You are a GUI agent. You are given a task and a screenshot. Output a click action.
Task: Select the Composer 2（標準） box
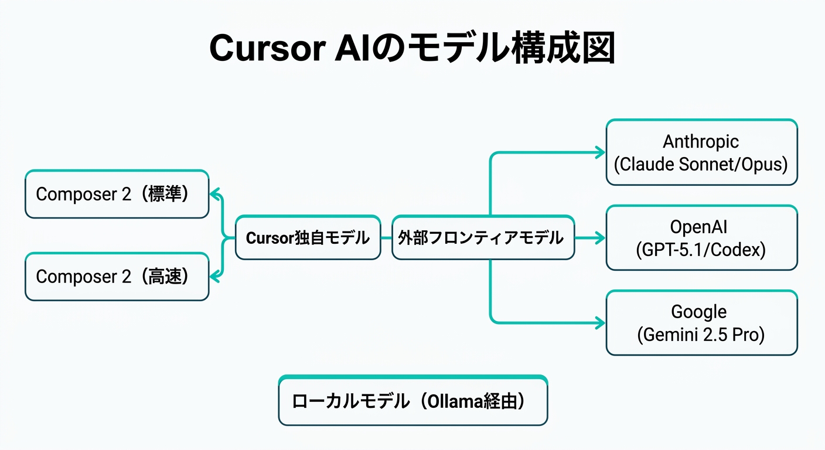point(117,194)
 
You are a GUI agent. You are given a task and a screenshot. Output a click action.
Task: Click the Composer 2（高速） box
point(117,277)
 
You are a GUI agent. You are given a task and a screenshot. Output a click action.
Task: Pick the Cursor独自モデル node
point(308,237)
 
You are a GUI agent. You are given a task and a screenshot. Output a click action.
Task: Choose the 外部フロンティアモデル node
point(483,237)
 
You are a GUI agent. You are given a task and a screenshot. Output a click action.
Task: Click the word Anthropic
point(701,141)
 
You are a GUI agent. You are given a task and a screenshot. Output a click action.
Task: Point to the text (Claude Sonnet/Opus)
point(701,165)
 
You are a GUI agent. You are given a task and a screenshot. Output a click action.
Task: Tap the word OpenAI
point(701,227)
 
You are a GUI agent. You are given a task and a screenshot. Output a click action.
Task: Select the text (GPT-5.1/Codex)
point(701,250)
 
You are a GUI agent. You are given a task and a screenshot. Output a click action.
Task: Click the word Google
point(699,312)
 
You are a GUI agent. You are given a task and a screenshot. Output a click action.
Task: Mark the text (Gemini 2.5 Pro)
point(701,335)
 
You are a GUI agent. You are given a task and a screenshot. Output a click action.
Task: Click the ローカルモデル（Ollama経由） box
point(412,401)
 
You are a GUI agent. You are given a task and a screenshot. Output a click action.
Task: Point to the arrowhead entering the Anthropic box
point(600,152)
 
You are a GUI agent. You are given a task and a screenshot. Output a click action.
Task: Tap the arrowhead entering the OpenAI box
point(600,238)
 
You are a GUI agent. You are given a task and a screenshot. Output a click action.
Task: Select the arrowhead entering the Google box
point(600,323)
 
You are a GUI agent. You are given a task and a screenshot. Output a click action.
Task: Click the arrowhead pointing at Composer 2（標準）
point(214,194)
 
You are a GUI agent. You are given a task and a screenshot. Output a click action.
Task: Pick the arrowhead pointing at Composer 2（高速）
point(214,277)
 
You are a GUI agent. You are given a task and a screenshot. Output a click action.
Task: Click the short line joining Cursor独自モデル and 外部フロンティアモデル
point(386,238)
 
